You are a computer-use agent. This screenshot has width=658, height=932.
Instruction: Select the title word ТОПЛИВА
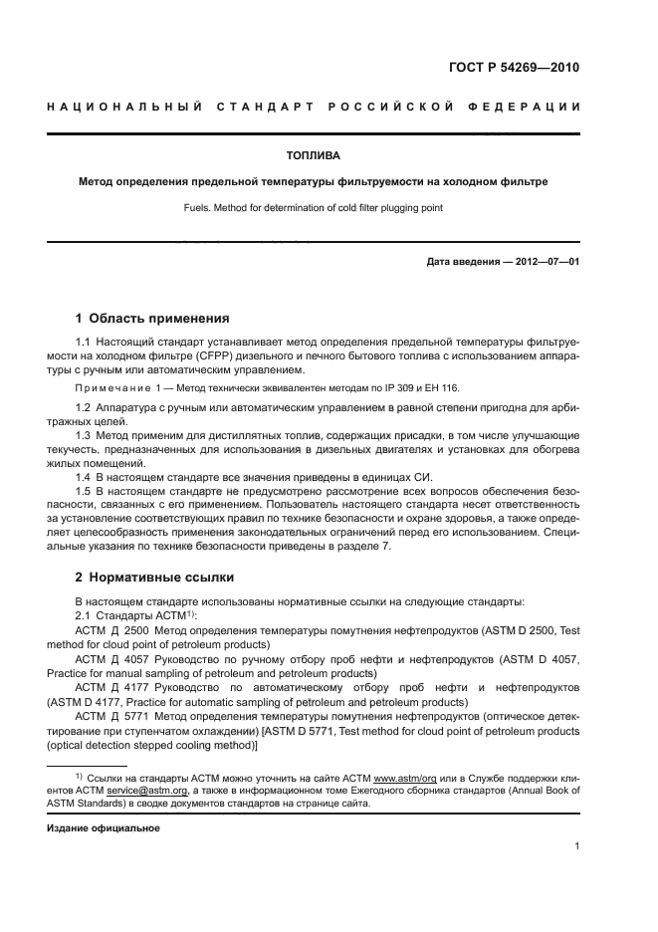[x=313, y=156]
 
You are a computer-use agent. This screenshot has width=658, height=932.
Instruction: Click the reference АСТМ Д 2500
[x=111, y=630]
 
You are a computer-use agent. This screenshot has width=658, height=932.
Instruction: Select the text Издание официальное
[x=104, y=827]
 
